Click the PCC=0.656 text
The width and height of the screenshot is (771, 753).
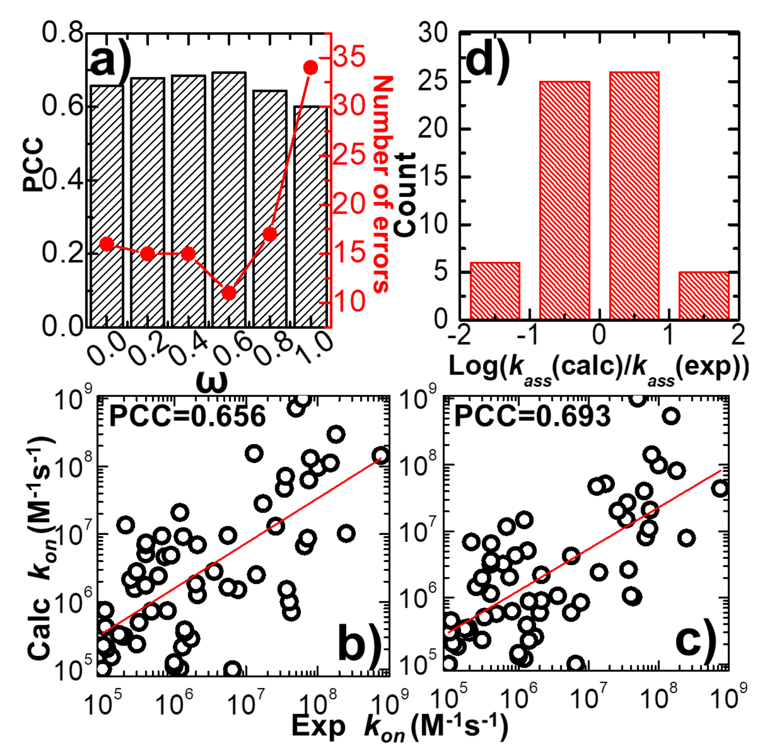point(187,417)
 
